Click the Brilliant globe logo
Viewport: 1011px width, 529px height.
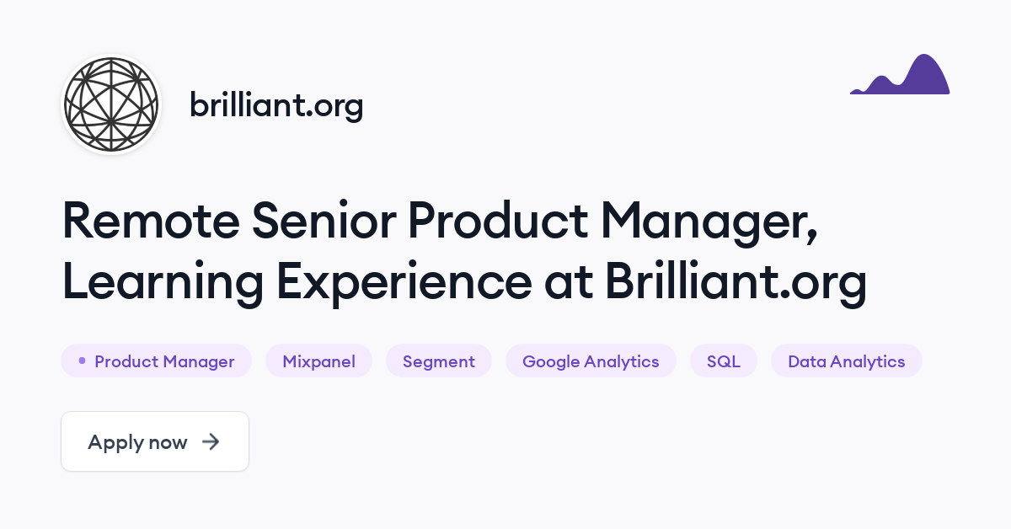(111, 104)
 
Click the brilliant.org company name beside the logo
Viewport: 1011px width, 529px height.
(276, 105)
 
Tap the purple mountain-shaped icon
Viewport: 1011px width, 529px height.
(900, 74)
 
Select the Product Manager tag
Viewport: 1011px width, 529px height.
(156, 361)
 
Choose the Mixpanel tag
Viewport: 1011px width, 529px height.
(318, 361)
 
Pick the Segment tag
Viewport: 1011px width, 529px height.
(439, 361)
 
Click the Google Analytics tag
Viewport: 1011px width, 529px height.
(591, 361)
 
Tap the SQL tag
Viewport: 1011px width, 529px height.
(724, 361)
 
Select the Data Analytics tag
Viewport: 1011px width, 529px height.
(846, 361)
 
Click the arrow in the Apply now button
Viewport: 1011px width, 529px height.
(211, 442)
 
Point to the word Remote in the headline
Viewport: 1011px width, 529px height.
(151, 221)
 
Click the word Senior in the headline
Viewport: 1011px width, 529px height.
(324, 221)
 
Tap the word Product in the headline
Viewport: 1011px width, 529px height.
(498, 221)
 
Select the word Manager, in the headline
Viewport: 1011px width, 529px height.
(709, 223)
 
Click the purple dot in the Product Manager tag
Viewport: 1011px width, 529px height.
(83, 361)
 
